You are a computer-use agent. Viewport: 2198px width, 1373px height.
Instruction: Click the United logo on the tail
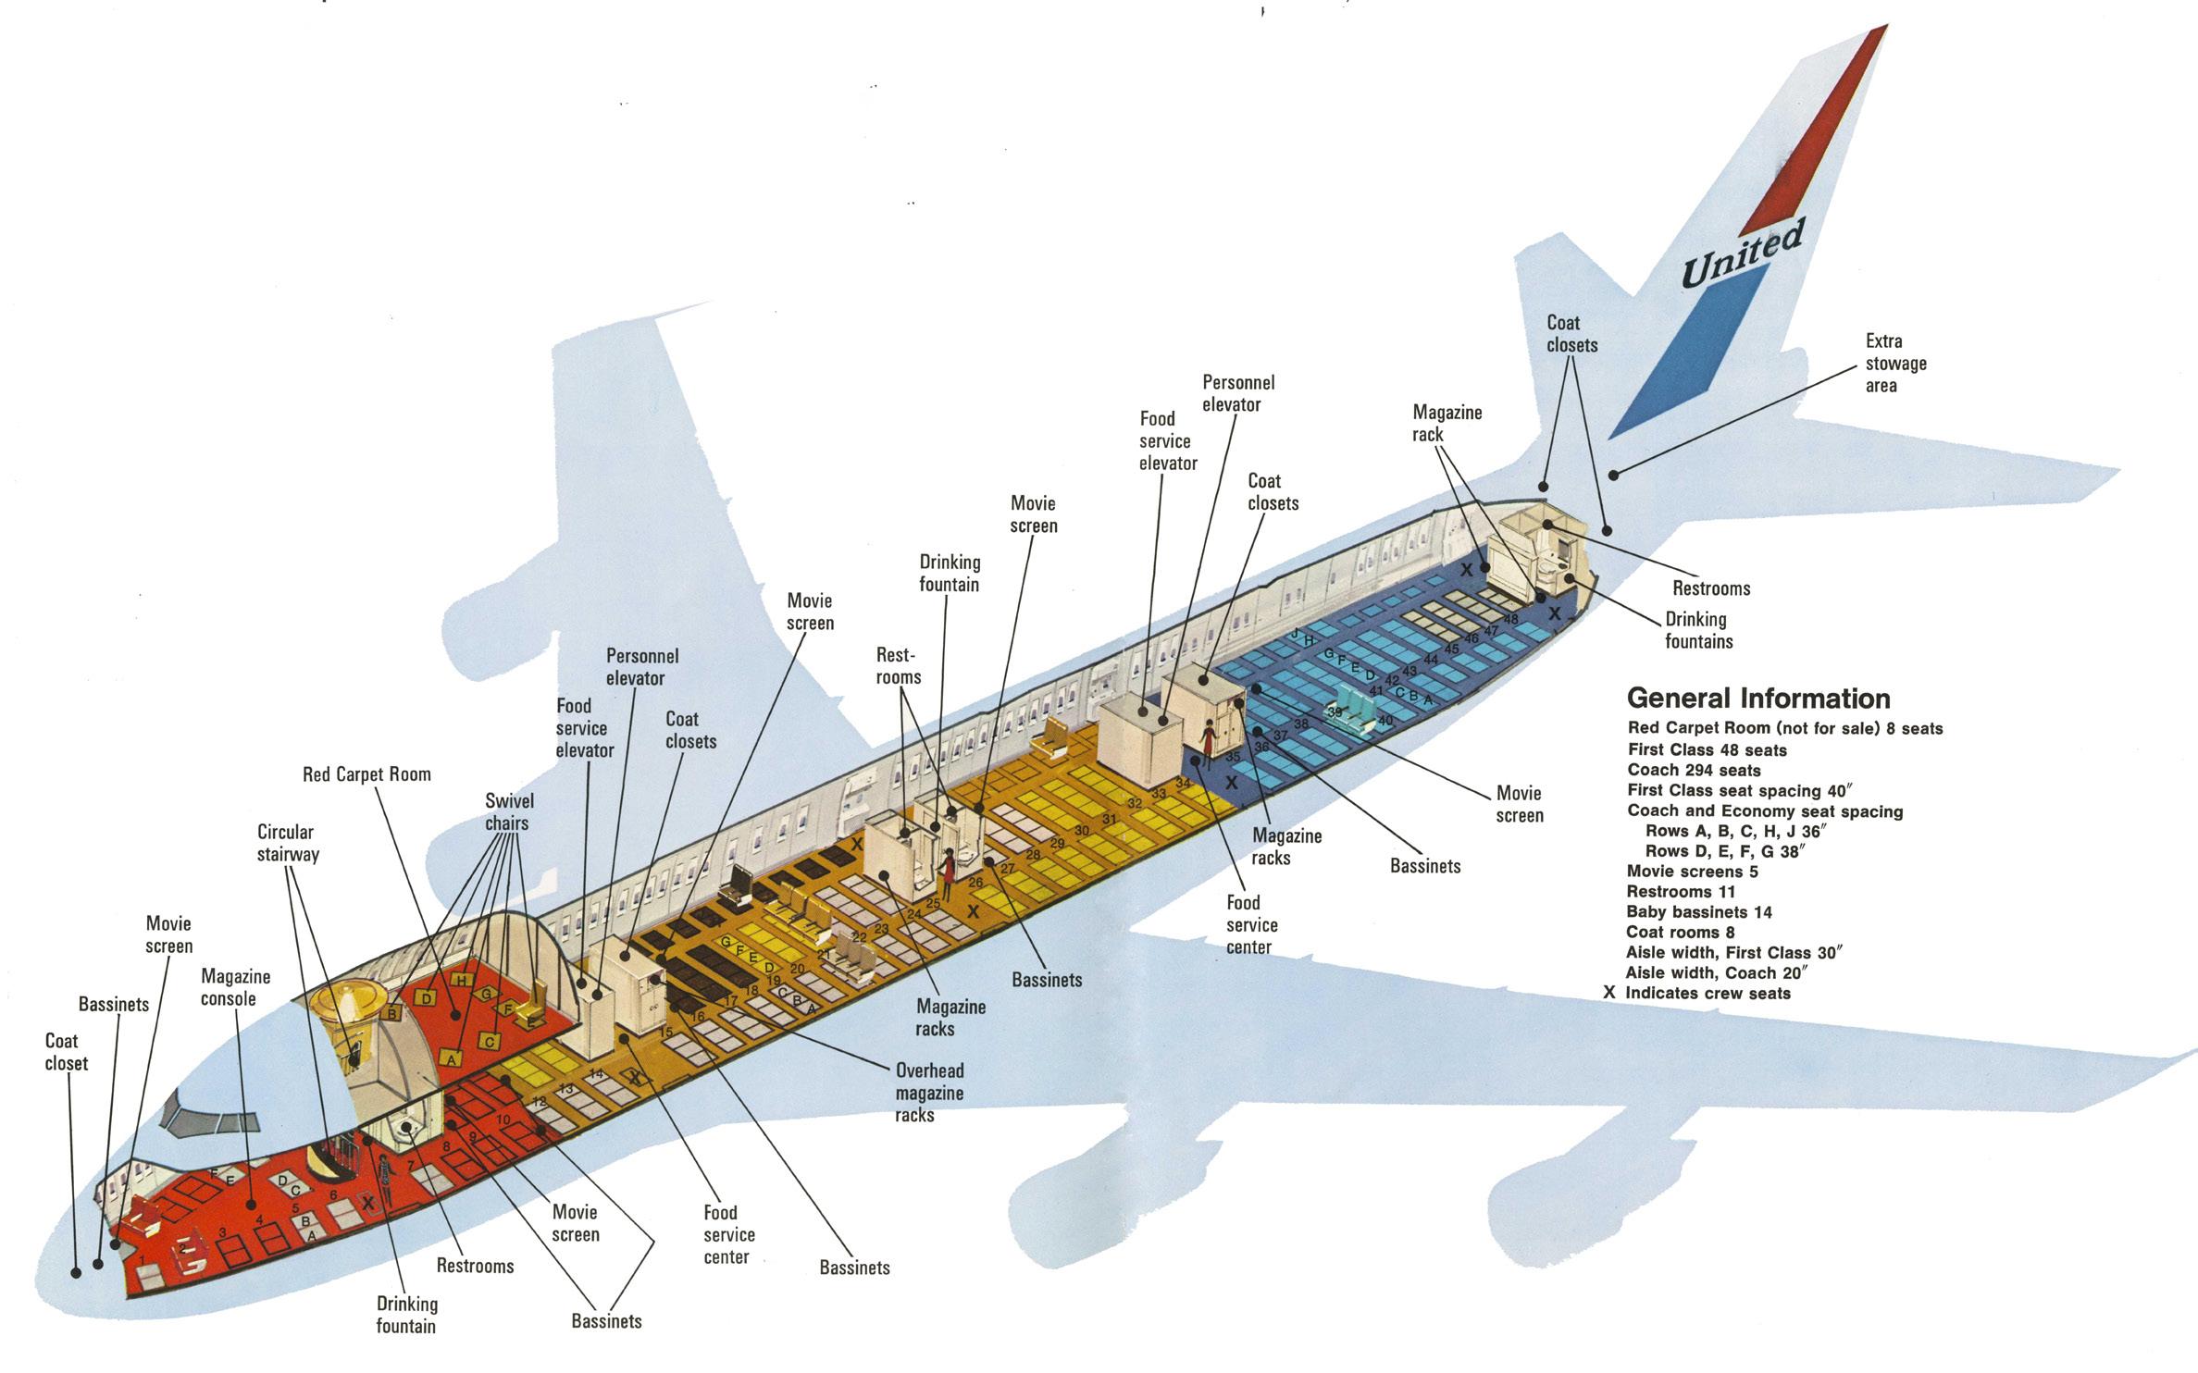(1741, 254)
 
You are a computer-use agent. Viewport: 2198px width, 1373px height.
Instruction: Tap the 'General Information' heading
(1757, 698)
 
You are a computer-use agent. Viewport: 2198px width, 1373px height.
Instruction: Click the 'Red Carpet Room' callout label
(366, 774)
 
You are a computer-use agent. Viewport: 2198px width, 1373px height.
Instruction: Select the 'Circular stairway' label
(286, 843)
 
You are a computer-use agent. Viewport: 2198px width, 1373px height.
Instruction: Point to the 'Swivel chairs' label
(508, 811)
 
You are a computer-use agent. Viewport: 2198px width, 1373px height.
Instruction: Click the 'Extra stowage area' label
(1894, 364)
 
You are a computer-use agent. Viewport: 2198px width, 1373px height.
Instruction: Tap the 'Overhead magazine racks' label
(928, 1093)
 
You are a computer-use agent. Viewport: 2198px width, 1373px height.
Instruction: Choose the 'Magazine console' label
(235, 987)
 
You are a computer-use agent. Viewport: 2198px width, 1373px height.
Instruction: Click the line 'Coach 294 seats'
(1694, 770)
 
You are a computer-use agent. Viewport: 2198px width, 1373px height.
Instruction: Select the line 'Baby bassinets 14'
(1699, 912)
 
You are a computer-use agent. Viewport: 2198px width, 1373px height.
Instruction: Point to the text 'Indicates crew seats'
(1707, 994)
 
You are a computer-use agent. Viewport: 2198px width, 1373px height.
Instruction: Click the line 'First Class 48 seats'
(1707, 749)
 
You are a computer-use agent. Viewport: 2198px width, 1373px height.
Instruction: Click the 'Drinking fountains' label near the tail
(1697, 630)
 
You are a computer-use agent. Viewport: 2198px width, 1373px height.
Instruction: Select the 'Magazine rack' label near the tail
(1447, 423)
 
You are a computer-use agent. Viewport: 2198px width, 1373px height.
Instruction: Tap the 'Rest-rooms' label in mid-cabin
(898, 666)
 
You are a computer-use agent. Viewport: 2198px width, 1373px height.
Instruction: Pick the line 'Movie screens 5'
(1692, 872)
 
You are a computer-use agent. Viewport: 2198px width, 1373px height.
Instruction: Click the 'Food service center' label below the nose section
(728, 1234)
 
